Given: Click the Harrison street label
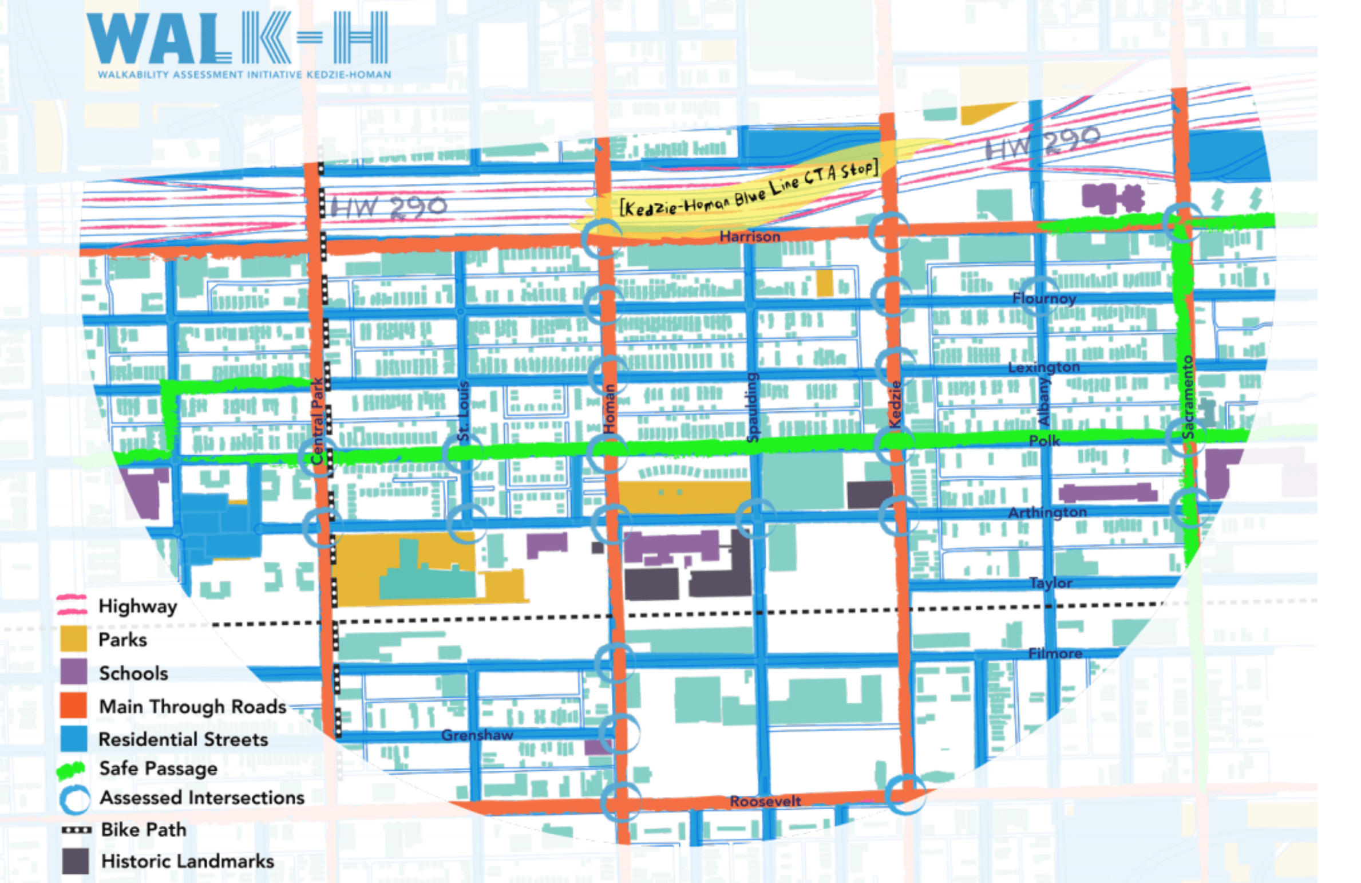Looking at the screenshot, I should (x=749, y=236).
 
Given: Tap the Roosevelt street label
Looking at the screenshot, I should (x=765, y=801).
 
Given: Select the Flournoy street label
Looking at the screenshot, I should (x=1044, y=298).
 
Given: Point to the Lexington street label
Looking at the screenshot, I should (x=1043, y=367).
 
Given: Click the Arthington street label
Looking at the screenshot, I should (x=1047, y=512).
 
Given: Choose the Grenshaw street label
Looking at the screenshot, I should (x=477, y=735).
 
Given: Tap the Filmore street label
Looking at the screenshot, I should (x=1055, y=653).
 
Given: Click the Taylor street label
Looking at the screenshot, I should (x=1050, y=583).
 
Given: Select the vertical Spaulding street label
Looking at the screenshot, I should (x=753, y=407).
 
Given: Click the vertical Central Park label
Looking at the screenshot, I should (x=317, y=420).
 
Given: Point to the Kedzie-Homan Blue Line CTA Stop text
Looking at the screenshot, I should (x=747, y=190).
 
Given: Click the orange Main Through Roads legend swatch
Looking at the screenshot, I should (x=73, y=705).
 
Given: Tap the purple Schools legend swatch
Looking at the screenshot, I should (x=73, y=672).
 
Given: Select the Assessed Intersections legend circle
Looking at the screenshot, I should (x=74, y=799).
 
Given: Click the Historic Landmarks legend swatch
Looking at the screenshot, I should (x=75, y=861).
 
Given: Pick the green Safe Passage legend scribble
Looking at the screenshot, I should (x=71, y=770).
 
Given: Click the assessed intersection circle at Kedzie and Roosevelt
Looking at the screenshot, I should (x=905, y=794).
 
